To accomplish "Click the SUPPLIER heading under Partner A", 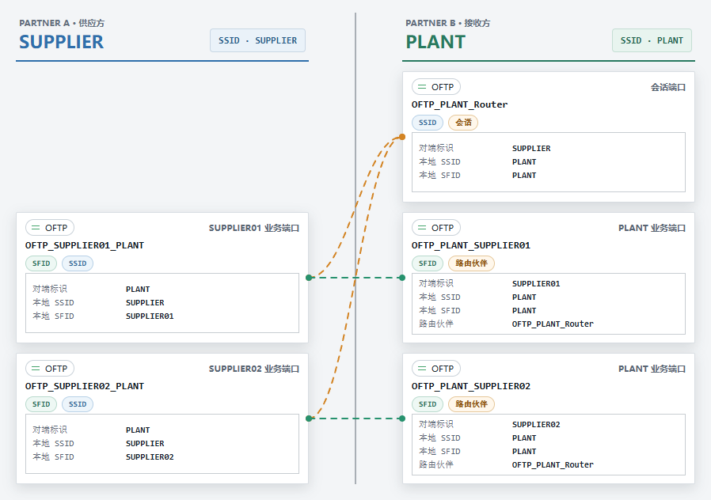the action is click(x=61, y=42).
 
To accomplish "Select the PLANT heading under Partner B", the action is click(x=435, y=42).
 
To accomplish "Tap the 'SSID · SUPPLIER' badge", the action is click(x=257, y=40).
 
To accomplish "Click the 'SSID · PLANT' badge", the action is click(x=652, y=40).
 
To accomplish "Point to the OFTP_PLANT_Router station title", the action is click(x=459, y=104).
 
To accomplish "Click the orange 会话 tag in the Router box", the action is click(x=463, y=123).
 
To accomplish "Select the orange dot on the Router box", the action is click(x=402, y=137).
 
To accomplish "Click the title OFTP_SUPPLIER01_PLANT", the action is click(x=85, y=245).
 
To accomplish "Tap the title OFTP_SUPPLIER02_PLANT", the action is click(x=85, y=386).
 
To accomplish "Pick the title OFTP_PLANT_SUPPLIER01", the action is click(x=470, y=245).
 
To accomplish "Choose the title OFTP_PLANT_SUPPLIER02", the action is click(x=470, y=386).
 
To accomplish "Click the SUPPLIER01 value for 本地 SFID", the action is click(x=150, y=316).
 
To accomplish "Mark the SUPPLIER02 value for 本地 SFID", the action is click(x=150, y=457).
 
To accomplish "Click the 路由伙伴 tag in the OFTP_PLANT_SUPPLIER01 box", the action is click(x=471, y=263).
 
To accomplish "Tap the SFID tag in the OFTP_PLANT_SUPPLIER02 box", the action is click(x=427, y=404).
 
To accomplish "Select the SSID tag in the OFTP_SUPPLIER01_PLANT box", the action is click(x=78, y=263).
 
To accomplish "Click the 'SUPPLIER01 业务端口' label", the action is click(x=254, y=228).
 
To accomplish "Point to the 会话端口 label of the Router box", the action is click(x=668, y=87).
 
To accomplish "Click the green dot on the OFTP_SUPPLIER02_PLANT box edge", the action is click(x=309, y=419).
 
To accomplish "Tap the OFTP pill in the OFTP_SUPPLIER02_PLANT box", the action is click(x=50, y=369).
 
